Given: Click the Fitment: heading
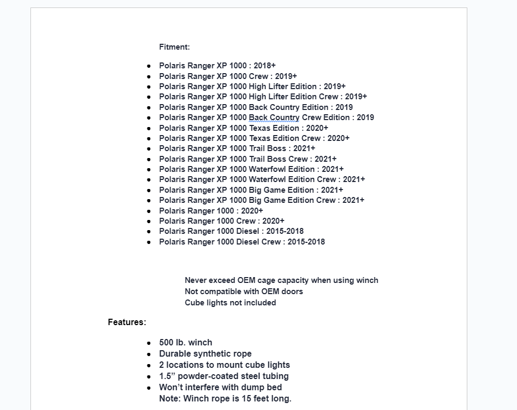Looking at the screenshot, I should coord(174,47).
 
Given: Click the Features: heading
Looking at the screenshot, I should coord(127,322).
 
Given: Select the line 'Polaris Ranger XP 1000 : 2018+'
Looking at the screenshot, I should coord(217,66).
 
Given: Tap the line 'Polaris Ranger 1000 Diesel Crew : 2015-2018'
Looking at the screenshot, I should coord(241,242).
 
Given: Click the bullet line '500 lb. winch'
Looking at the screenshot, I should coord(185,343).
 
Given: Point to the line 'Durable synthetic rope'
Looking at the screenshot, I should coord(205,354).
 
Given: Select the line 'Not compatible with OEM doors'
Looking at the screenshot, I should coord(244,291).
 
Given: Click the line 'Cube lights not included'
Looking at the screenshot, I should coord(230,303).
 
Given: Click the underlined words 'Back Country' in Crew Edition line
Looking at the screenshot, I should coord(274,117).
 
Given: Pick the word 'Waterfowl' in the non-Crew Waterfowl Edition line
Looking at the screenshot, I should coord(267,169).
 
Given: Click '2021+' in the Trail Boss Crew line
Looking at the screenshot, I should coord(325,159).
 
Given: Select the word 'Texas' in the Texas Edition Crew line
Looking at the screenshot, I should coord(260,138).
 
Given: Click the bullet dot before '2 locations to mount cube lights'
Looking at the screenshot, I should coord(149,366).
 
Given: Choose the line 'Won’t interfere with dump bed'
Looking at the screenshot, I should coord(220,388).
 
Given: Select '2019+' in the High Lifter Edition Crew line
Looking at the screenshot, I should coord(356,97).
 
